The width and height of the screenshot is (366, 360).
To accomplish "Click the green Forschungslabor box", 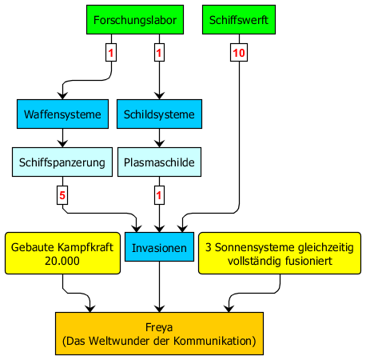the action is tap(135, 19).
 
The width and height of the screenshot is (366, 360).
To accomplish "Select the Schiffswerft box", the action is tap(239, 19).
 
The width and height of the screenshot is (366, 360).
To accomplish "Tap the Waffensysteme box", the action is tap(62, 114).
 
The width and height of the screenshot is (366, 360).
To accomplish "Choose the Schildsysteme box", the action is tap(159, 114).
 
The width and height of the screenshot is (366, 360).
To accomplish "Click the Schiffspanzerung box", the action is tap(62, 162).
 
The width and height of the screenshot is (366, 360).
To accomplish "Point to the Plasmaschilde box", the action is tap(159, 162).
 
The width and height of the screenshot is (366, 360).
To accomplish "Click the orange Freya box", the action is tap(159, 334).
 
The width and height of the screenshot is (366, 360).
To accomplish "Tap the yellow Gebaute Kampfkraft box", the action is tap(62, 253).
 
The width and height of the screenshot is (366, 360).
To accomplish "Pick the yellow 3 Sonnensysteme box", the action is tap(280, 253).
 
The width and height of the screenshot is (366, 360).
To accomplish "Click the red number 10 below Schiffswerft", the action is tap(239, 53).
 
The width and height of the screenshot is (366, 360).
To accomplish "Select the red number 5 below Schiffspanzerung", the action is tap(62, 195).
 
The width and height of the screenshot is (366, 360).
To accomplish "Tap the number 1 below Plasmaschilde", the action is tap(159, 195).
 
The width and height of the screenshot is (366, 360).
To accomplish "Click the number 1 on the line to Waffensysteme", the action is tap(111, 53).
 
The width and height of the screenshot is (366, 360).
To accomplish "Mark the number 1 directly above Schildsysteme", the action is tap(159, 53).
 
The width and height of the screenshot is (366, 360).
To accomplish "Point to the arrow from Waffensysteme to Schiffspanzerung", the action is tap(62, 138).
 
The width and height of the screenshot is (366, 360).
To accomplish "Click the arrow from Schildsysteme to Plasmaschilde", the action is tap(159, 138).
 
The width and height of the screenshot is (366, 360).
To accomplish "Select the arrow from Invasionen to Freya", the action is tap(159, 286).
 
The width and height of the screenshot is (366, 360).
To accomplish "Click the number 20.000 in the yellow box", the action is tap(62, 261).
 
